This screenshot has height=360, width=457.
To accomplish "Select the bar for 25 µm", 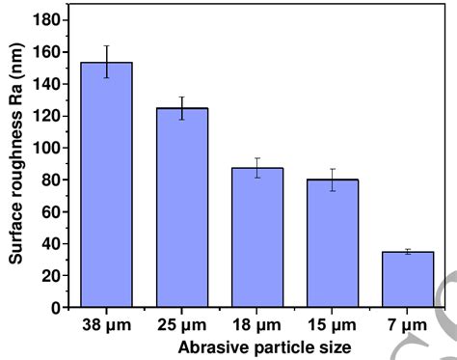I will pyautogui.click(x=182, y=208).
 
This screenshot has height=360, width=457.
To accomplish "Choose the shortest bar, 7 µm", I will pyautogui.click(x=409, y=279).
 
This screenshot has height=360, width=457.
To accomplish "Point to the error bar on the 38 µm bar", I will pyautogui.click(x=106, y=62).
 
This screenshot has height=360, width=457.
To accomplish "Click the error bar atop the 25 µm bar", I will pyautogui.click(x=182, y=108).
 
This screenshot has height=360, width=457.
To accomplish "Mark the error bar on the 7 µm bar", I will pyautogui.click(x=409, y=251).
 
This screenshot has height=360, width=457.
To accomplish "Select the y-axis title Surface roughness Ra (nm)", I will pyautogui.click(x=16, y=162).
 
